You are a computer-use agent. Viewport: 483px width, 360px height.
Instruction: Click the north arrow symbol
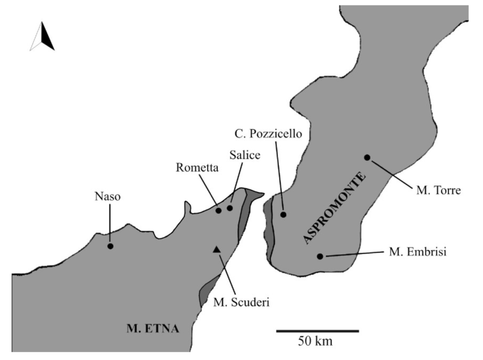(x=42, y=36)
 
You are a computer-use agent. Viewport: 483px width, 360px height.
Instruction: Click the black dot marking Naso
(x=110, y=246)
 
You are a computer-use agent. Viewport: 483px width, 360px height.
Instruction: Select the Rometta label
(x=197, y=167)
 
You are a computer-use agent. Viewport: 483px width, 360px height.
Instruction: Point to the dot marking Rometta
(x=218, y=210)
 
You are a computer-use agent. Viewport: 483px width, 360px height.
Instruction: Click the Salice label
(x=245, y=155)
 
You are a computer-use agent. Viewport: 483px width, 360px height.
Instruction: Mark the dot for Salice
(x=230, y=208)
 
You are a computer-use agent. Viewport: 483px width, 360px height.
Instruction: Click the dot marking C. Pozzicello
(x=283, y=214)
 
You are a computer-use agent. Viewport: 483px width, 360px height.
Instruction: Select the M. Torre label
(x=438, y=191)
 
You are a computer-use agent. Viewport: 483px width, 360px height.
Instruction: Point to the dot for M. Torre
(x=367, y=157)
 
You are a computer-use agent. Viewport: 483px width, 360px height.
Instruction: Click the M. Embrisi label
(x=417, y=252)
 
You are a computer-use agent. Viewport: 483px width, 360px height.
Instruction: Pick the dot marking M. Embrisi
(x=320, y=256)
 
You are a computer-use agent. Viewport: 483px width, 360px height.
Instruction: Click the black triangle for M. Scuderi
(x=216, y=249)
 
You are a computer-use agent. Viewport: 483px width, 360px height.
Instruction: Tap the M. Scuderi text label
(x=241, y=302)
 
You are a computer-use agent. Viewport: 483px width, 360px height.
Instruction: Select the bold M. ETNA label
(x=153, y=328)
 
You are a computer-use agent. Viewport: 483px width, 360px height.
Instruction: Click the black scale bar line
(x=317, y=331)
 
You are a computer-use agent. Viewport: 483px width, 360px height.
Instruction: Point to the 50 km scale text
(x=315, y=341)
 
